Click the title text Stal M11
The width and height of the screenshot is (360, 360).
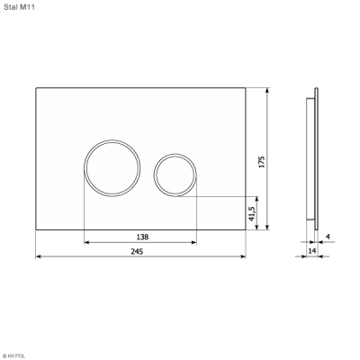19,7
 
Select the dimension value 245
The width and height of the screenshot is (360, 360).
137,251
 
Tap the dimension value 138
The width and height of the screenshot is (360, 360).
142,237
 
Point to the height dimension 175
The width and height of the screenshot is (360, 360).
262,162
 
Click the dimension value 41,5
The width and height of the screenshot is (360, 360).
252,214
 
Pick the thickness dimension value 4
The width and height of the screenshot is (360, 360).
328,237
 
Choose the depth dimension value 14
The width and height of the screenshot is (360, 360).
312,251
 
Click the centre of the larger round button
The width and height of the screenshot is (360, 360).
112,168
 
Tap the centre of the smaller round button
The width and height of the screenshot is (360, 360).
175,175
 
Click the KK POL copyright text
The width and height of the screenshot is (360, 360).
13,356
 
